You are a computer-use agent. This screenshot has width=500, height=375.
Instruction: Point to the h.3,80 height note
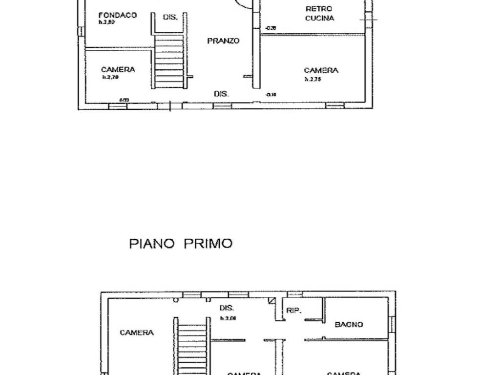106,22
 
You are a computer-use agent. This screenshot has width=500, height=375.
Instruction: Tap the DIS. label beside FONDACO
169,17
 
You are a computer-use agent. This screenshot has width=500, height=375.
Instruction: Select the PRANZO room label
223,41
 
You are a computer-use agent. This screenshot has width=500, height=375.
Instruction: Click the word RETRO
319,9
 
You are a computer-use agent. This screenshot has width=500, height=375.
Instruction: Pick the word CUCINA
319,18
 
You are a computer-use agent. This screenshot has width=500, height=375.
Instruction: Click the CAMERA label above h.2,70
118,70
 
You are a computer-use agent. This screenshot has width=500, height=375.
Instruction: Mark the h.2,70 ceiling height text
110,77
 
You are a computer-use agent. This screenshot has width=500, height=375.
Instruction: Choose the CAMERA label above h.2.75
321,70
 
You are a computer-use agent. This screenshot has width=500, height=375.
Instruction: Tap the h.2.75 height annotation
313,79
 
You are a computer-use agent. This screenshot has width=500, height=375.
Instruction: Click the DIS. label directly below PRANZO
221,93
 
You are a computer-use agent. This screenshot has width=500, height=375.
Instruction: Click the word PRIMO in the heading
208,244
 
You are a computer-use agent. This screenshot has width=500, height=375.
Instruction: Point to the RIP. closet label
293,310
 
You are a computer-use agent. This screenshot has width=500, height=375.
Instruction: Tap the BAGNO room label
349,324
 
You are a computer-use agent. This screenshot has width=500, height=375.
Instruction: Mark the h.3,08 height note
228,318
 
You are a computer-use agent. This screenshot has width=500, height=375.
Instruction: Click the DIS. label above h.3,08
227,309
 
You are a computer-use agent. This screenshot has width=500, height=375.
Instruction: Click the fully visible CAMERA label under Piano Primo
137,333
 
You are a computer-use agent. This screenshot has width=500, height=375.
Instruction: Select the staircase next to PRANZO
169,59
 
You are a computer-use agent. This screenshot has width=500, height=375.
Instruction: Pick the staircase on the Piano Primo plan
191,347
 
